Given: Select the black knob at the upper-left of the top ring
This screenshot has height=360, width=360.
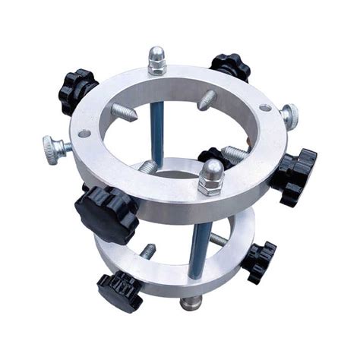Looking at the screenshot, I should [77, 89].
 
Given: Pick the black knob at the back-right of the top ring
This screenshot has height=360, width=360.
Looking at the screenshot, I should [229, 68].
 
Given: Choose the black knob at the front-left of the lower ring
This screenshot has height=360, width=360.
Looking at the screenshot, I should [119, 292].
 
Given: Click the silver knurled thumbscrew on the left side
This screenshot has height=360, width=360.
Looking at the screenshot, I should [55, 146].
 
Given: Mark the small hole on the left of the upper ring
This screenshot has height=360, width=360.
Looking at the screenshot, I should [84, 134].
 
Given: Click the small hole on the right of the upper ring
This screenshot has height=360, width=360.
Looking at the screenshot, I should [264, 109].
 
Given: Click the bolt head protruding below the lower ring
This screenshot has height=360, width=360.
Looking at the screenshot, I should [189, 305].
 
